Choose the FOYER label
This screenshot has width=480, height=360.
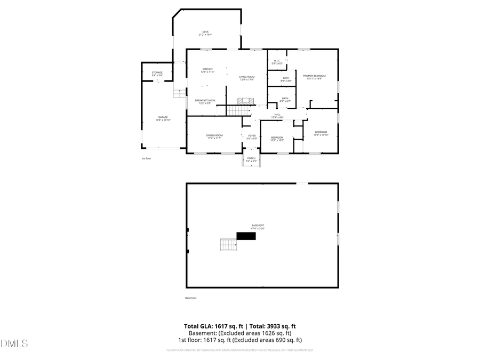point(252,137)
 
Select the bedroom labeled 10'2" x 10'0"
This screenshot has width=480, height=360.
point(277,139)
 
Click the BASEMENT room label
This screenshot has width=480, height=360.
point(258,227)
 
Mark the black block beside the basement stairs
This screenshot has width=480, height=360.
point(246,236)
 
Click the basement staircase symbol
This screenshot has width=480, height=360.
point(228,245)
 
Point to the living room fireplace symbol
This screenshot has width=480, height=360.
point(246,101)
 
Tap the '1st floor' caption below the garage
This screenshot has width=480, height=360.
point(147,158)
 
